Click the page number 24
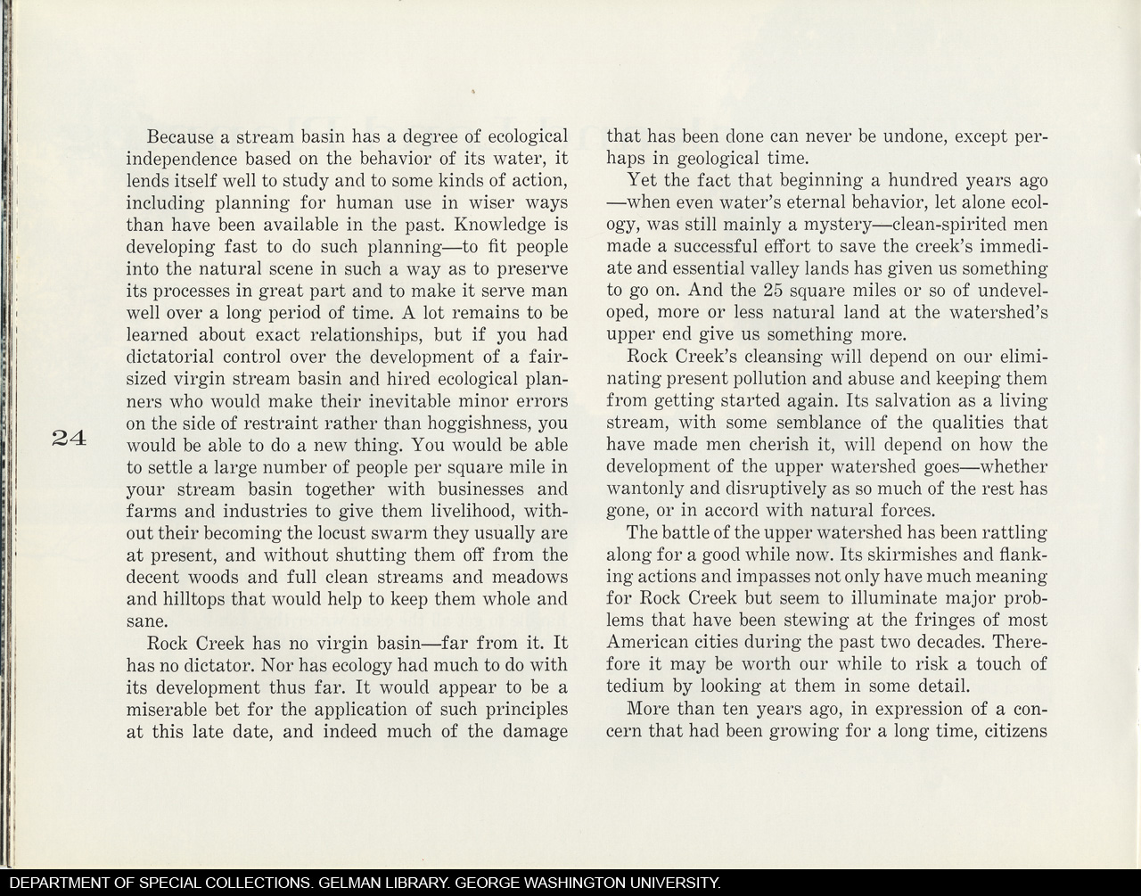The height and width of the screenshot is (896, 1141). coord(68,438)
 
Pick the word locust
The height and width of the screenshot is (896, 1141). coord(368,533)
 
